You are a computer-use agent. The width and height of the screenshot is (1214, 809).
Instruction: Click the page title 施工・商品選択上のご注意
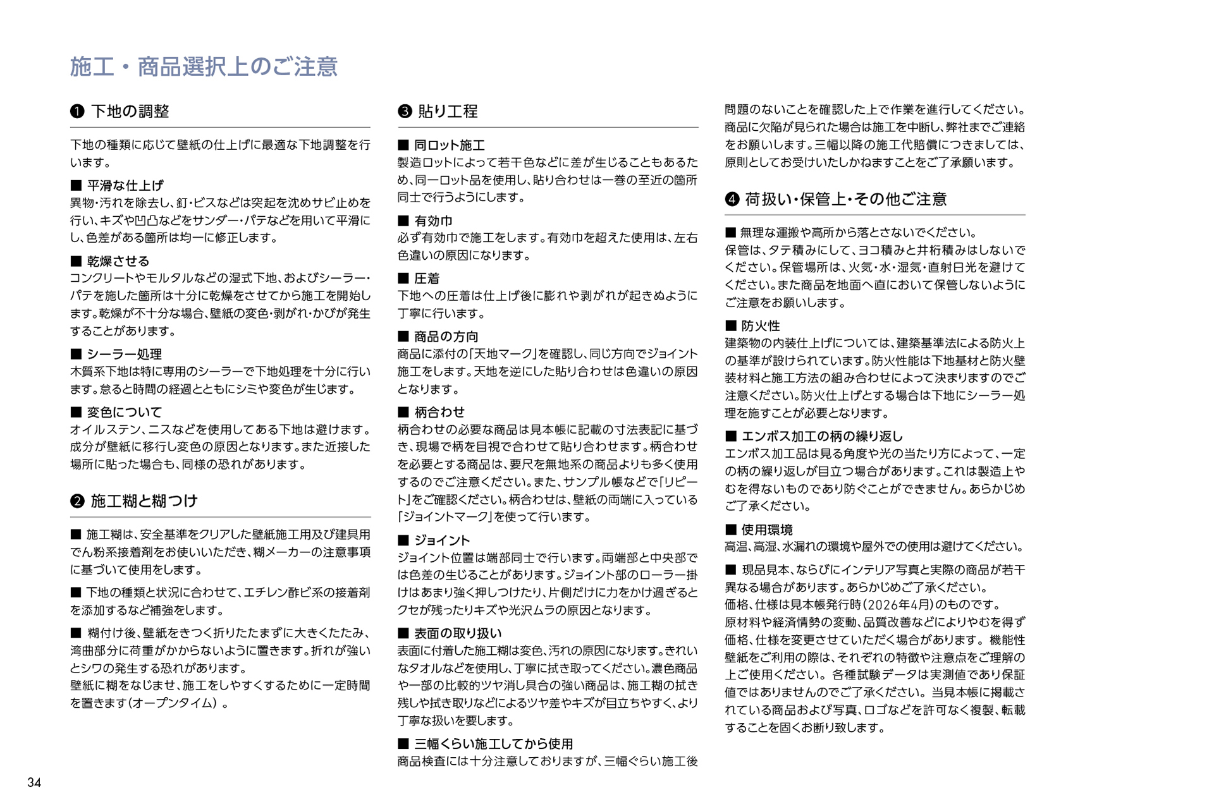point(204,67)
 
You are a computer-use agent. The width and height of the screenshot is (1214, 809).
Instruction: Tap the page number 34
point(34,782)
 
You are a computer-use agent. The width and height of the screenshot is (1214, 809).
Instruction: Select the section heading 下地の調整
point(130,112)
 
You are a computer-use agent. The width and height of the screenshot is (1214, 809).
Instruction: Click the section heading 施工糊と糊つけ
point(144,501)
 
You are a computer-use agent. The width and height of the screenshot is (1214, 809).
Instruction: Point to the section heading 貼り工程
point(448,112)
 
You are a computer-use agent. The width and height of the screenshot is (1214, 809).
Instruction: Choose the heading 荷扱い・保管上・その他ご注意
point(845,200)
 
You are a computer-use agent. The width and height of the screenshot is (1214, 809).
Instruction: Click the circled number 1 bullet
point(77,112)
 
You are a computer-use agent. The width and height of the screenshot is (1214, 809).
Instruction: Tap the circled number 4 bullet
point(732,200)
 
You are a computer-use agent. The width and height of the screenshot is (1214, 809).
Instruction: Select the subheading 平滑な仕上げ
point(125,185)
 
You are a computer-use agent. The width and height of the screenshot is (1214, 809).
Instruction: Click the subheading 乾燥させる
point(118,261)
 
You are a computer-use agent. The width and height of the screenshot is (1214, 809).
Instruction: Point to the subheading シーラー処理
point(124,354)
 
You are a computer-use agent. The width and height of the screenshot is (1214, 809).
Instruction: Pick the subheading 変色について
point(125,412)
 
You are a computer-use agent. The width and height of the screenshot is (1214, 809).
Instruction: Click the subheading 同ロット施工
point(450,145)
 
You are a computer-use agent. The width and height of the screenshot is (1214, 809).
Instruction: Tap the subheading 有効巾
point(433,221)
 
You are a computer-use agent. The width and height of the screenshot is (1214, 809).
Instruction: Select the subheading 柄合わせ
point(439,412)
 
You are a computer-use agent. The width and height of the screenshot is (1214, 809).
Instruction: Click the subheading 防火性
point(761,326)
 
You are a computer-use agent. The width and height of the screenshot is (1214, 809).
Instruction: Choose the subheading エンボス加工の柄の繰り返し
point(822,436)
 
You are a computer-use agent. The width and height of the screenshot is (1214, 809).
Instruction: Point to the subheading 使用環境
point(767,530)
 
